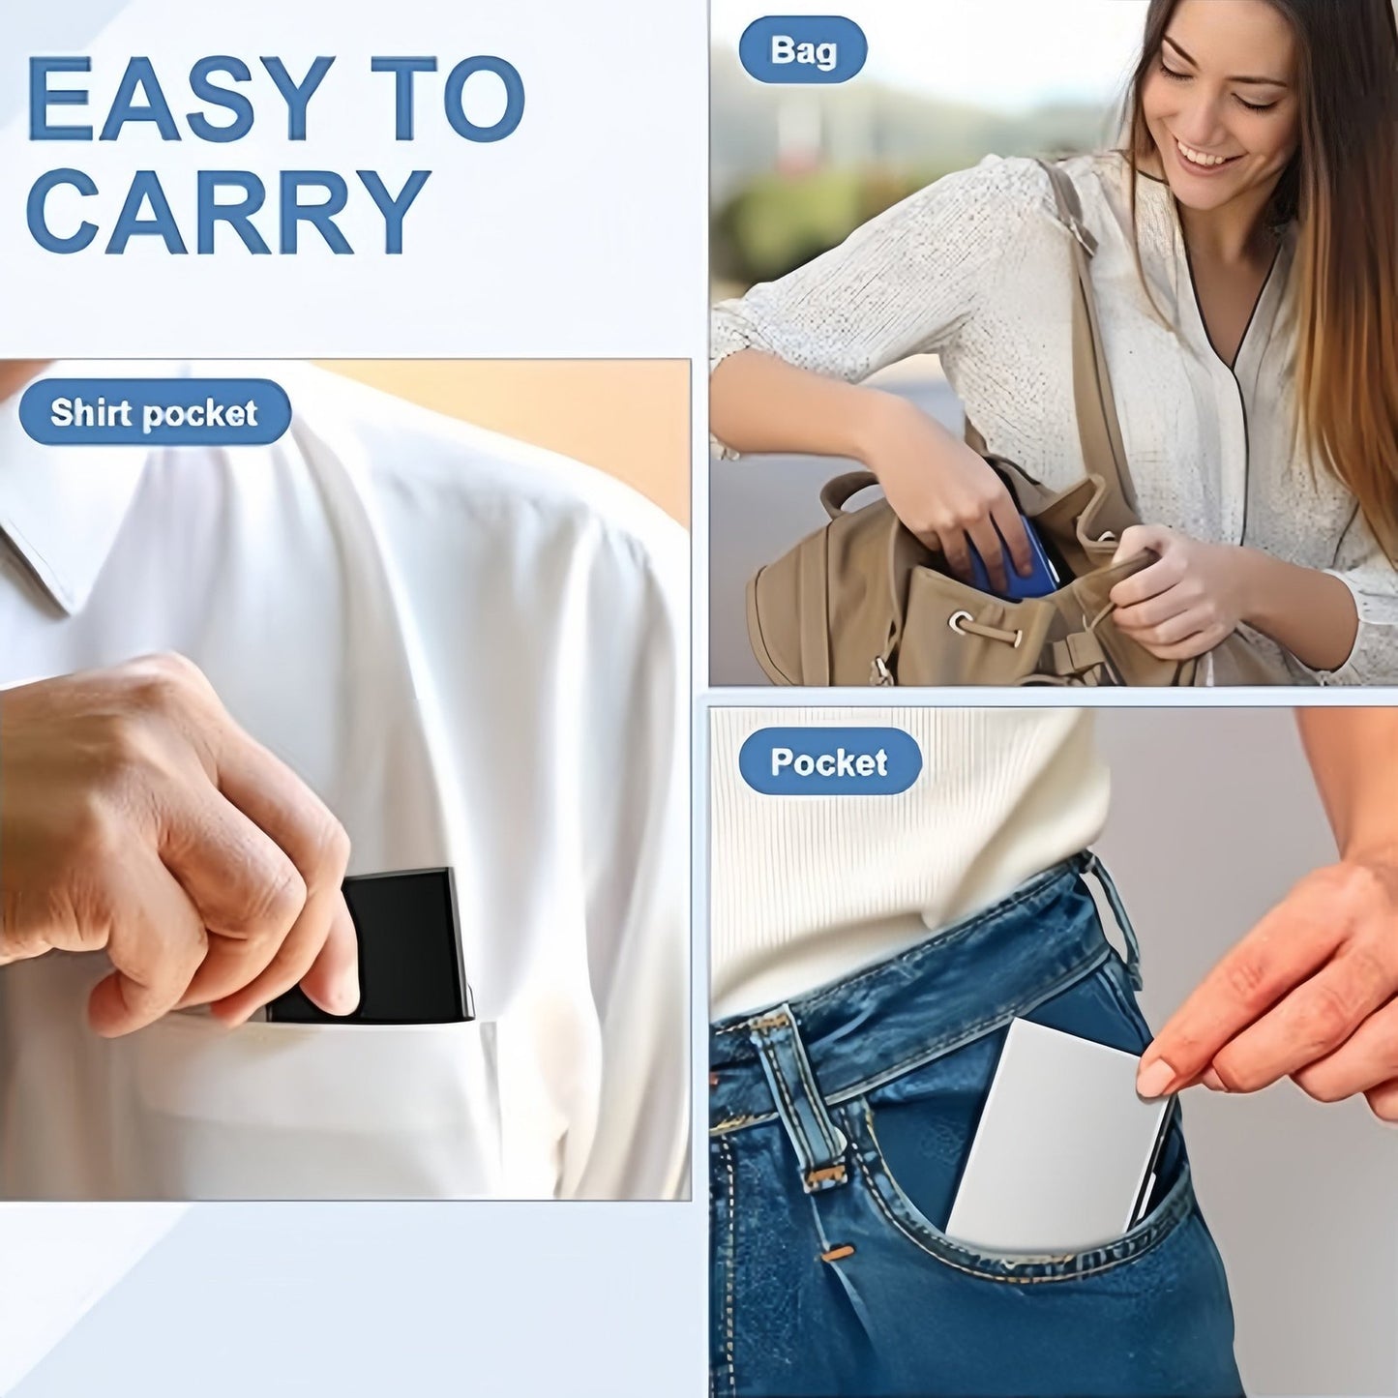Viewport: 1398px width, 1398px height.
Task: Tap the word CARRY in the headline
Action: [228, 212]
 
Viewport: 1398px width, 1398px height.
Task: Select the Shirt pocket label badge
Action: [155, 413]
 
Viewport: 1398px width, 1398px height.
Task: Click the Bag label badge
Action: [802, 49]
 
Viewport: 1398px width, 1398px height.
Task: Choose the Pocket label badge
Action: [829, 762]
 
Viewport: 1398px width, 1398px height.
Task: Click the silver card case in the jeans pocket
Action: [1050, 1142]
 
